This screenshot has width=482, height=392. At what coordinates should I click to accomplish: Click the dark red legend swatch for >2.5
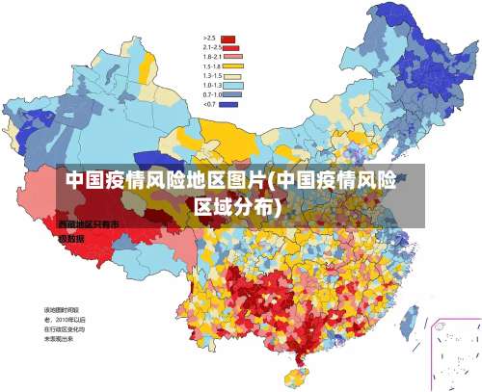[x=229, y=38]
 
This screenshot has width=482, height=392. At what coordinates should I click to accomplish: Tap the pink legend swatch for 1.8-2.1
[x=229, y=57]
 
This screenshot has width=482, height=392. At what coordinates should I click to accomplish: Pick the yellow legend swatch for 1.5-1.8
[x=229, y=66]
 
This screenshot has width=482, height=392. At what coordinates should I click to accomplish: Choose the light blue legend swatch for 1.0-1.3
[x=229, y=86]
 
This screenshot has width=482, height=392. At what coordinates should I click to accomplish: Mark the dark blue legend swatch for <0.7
[x=229, y=104]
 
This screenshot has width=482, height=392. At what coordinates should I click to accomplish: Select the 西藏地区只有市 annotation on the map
[x=88, y=224]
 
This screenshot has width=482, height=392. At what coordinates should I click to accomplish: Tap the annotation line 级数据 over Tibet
[x=71, y=237]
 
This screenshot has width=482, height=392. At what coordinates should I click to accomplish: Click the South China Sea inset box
[x=454, y=353]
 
